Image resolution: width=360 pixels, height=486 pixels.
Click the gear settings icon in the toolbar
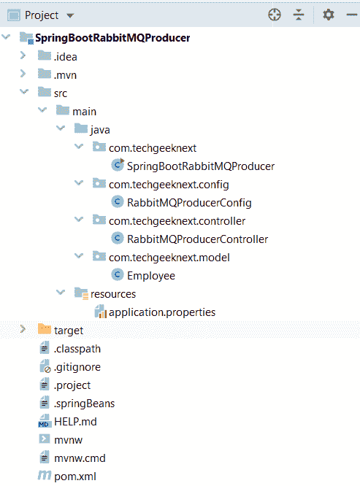pyautogui.click(x=329, y=15)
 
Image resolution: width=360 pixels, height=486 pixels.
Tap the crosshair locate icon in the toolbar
pyautogui.click(x=275, y=15)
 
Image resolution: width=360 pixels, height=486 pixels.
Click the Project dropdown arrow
pyautogui.click(x=70, y=15)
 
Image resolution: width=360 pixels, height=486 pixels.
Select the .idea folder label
pyautogui.click(x=66, y=57)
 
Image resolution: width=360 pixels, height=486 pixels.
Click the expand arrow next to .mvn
pyautogui.click(x=23, y=74)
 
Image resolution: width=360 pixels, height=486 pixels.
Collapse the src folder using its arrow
pyautogui.click(x=24, y=92)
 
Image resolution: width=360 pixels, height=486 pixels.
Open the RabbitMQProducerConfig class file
pyautogui.click(x=189, y=203)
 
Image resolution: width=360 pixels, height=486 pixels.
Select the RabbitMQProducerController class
pyautogui.click(x=197, y=239)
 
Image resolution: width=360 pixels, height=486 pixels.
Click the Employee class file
pyautogui.click(x=151, y=276)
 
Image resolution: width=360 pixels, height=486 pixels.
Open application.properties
pyautogui.click(x=162, y=312)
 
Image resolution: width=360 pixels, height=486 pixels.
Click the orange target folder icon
pyautogui.click(x=45, y=329)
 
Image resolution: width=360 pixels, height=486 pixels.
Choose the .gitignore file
pyautogui.click(x=77, y=367)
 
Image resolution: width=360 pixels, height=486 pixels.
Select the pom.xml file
pyautogui.click(x=75, y=477)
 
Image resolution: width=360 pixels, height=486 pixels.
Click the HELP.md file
pyautogui.click(x=75, y=422)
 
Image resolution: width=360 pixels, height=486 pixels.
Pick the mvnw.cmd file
pyautogui.click(x=80, y=458)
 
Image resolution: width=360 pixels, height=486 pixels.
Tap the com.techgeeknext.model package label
pyautogui.click(x=169, y=258)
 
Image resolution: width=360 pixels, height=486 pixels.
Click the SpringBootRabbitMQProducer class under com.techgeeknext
pyautogui.click(x=201, y=166)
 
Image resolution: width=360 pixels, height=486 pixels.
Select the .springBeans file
pyautogui.click(x=84, y=404)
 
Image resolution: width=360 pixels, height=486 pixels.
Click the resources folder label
pyautogui.click(x=113, y=294)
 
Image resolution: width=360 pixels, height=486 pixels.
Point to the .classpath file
pyautogui.click(x=77, y=349)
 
